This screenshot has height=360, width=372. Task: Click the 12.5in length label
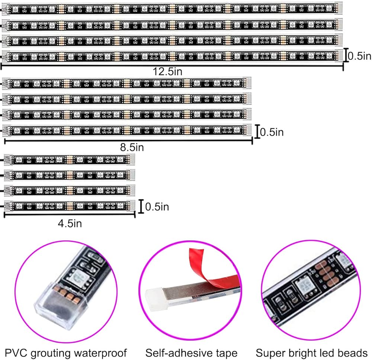click(x=167, y=71)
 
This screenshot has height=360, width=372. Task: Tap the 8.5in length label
click(x=132, y=147)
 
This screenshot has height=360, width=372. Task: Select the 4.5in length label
click(x=70, y=224)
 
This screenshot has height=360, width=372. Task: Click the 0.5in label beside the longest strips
click(x=359, y=56)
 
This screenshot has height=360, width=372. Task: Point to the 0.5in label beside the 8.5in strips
click(x=272, y=132)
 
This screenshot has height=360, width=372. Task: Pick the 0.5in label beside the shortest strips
click(x=157, y=207)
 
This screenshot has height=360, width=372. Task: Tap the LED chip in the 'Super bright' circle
click(x=306, y=286)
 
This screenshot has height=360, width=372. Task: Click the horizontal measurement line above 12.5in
click(x=172, y=66)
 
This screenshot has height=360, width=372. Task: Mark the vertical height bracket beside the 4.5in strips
click(x=141, y=207)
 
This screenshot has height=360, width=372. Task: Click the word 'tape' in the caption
click(x=227, y=353)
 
